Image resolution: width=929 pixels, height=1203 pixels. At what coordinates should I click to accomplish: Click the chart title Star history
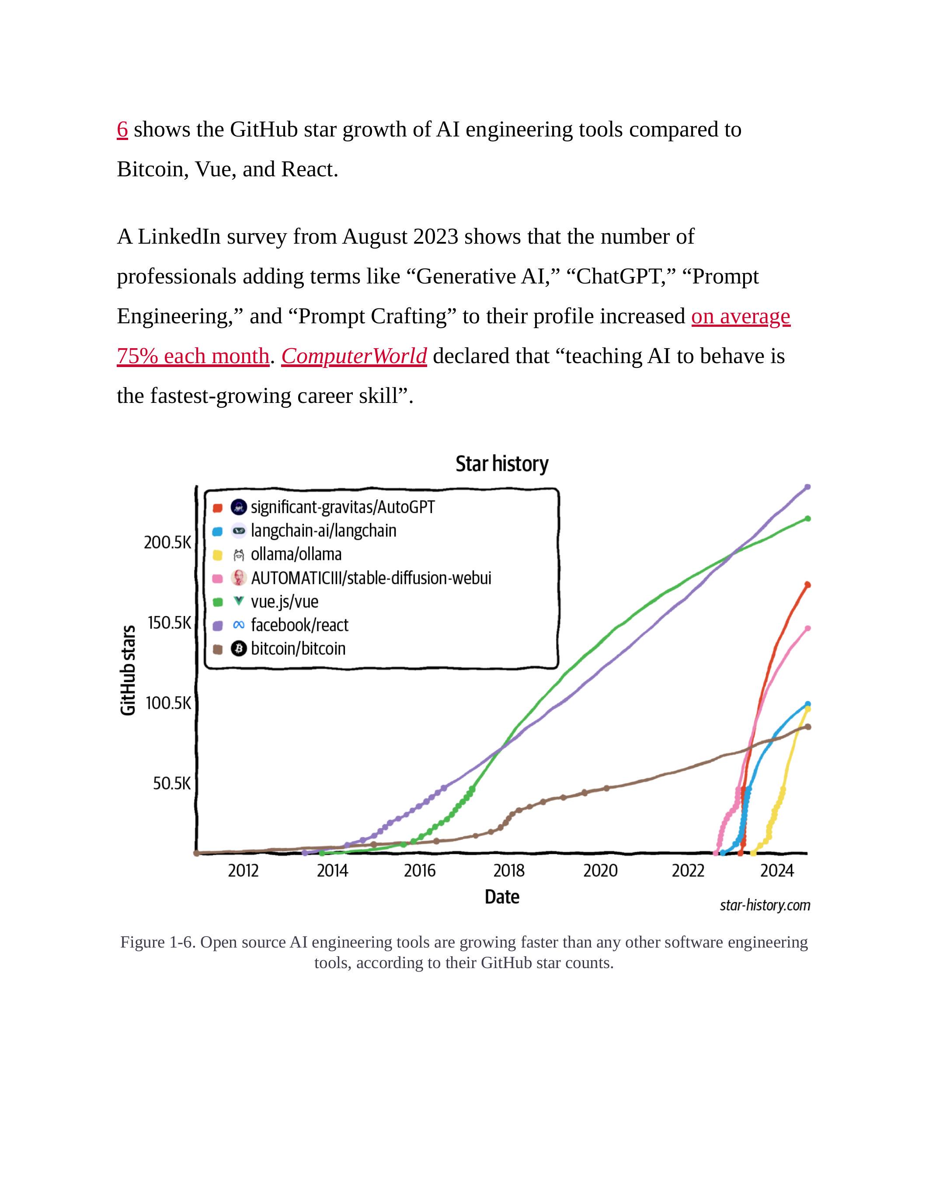(501, 464)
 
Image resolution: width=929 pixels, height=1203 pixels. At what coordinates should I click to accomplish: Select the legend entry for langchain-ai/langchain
(323, 531)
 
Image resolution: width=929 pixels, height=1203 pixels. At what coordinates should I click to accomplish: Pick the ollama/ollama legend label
(296, 554)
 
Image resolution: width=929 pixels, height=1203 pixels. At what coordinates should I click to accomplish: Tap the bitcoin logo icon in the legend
(238, 648)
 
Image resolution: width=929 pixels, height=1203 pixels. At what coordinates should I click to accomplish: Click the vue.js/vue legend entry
(284, 601)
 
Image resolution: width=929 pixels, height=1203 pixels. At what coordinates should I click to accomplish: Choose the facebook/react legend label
(299, 625)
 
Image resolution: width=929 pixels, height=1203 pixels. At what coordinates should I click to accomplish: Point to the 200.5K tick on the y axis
(167, 542)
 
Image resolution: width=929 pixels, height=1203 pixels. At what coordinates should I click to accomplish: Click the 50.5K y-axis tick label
(172, 783)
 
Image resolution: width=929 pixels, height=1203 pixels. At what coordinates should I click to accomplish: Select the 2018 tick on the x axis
(508, 871)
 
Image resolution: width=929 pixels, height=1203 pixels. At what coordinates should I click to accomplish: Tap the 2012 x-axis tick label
(243, 871)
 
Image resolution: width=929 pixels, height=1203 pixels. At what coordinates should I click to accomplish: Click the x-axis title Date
(501, 897)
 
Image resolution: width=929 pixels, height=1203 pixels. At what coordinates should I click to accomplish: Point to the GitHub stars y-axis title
(128, 670)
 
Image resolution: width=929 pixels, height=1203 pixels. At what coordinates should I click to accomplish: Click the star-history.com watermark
(765, 905)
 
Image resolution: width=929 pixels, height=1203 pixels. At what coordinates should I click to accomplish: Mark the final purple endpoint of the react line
(807, 487)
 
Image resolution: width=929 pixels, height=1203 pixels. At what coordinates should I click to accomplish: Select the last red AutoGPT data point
(807, 584)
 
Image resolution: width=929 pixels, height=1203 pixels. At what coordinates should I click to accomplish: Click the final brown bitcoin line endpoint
(807, 727)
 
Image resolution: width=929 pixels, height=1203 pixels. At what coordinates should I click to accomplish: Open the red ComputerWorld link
(354, 357)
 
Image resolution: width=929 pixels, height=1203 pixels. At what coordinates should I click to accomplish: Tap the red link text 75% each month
(193, 357)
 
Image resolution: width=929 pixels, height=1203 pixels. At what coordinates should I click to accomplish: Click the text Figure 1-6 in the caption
(157, 942)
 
